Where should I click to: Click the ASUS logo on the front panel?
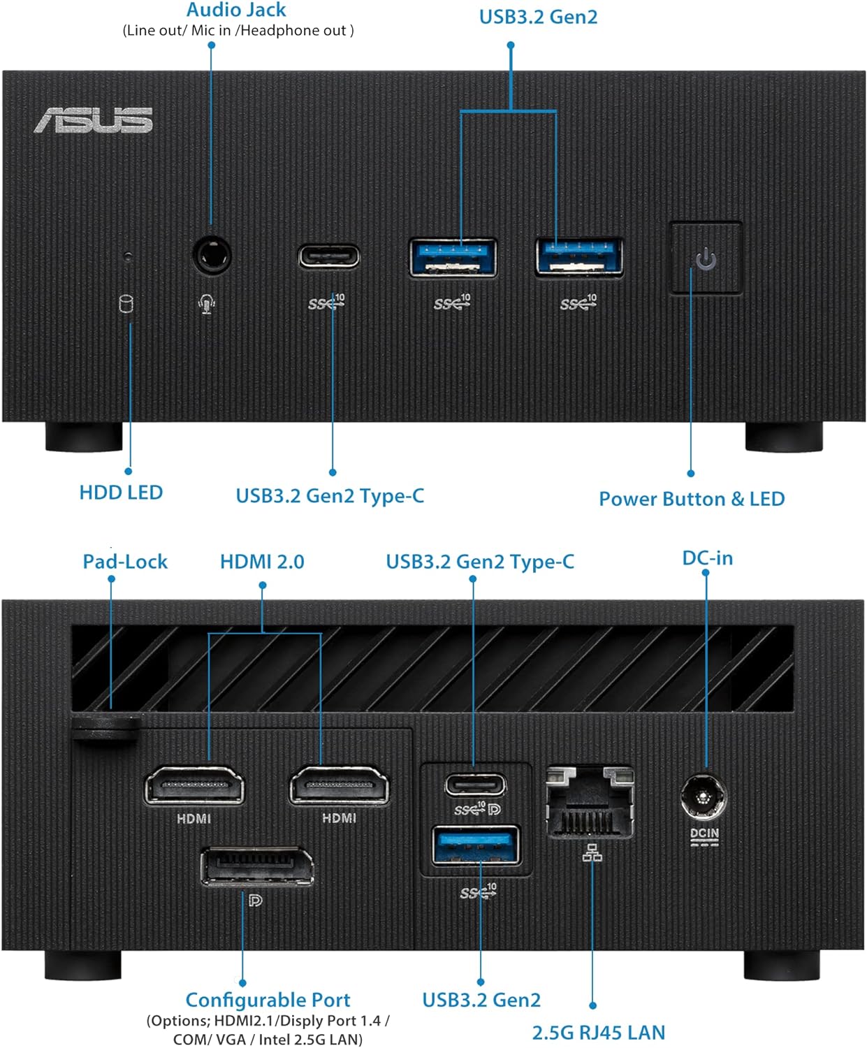[x=94, y=120]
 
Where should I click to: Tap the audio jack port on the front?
[x=211, y=256]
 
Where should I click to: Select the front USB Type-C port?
[x=328, y=256]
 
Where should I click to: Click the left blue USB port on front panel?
[x=453, y=257]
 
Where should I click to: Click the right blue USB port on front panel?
[x=579, y=256]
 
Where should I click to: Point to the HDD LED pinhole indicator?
[x=127, y=256]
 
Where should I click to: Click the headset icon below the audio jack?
[x=207, y=304]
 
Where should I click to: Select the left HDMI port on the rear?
[x=194, y=787]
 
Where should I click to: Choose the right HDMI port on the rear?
[x=339, y=787]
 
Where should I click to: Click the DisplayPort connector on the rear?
[x=257, y=866]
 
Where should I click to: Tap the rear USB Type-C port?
[x=475, y=785]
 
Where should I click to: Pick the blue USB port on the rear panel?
[x=476, y=845]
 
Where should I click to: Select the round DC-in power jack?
[x=704, y=797]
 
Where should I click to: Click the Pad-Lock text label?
[x=125, y=562]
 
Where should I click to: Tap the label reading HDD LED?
[x=121, y=493]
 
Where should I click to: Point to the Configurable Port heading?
[x=268, y=1000]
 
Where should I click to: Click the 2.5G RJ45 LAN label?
[x=599, y=1032]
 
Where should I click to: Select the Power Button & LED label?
[x=692, y=499]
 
